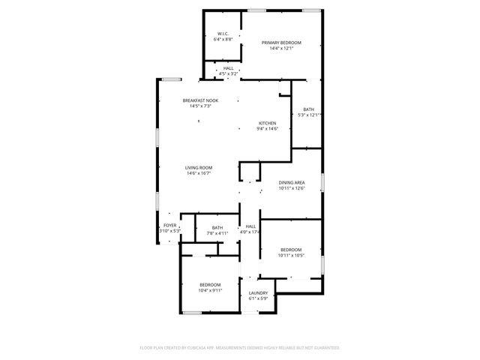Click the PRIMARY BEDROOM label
click(281, 43)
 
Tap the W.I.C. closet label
click(223, 34)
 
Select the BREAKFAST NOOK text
click(200, 100)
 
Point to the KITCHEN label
click(268, 123)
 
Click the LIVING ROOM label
click(199, 167)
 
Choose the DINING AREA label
click(291, 182)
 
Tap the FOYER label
click(170, 225)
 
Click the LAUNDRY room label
click(259, 292)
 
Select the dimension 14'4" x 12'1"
click(281, 49)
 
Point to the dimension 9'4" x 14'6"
click(268, 129)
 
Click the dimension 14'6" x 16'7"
click(199, 173)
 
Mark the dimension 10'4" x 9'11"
click(210, 290)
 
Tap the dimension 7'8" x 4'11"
click(217, 233)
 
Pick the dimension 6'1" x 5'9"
click(259, 298)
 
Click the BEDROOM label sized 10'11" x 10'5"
click(291, 249)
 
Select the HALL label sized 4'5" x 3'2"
click(228, 68)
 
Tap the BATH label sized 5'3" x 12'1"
click(309, 109)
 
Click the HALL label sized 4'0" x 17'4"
click(250, 226)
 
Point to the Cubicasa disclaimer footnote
click(240, 348)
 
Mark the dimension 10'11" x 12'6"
click(291, 188)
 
